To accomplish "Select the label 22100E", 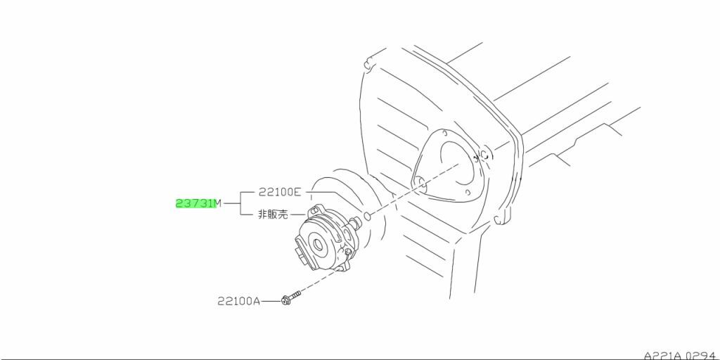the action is [280, 191].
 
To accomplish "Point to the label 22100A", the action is [238, 301].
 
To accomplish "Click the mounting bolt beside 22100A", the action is [290, 299].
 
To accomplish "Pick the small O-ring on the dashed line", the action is [368, 214].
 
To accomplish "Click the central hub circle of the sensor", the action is [319, 245].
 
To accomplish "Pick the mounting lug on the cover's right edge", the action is [500, 222].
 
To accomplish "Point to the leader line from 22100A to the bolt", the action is [271, 301].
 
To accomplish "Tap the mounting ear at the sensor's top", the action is [316, 208].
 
